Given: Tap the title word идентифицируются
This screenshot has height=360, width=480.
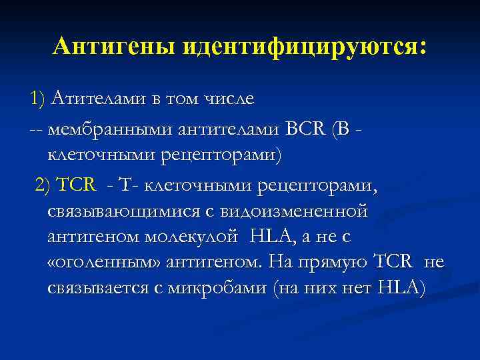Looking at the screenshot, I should coord(305,47).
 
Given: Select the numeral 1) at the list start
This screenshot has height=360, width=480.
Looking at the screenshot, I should coord(37,99).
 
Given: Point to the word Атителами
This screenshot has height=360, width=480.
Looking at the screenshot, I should coord(96,99).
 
